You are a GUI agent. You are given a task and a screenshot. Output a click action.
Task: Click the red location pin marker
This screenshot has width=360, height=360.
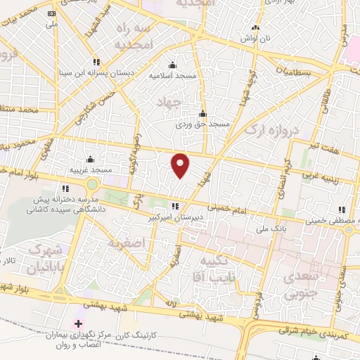coord(181,165)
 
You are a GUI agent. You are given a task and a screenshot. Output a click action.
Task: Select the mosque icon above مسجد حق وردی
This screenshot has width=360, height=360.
coord(203,114)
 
